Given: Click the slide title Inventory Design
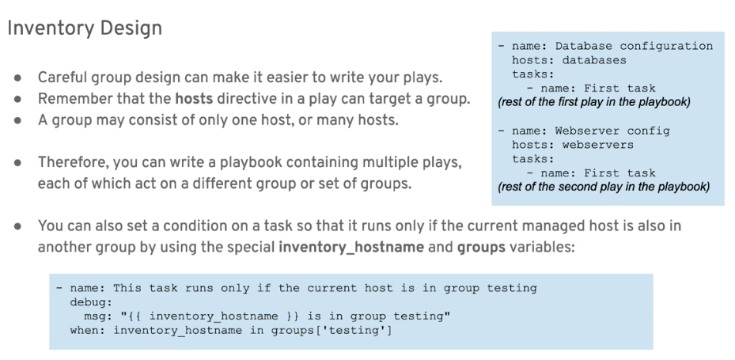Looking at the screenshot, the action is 85,28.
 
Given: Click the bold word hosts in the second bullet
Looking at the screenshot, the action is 194,99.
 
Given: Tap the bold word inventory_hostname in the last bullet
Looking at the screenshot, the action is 351,247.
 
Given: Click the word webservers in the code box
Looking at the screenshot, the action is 597,145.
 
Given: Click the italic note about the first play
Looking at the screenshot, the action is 594,102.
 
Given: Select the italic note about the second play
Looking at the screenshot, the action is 604,187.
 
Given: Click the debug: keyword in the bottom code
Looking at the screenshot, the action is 92,302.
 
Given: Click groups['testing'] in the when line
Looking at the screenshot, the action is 332,330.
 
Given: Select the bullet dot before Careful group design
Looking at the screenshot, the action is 18,78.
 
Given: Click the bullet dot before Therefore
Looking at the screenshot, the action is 18,163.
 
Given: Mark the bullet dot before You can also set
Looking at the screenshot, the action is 18,226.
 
